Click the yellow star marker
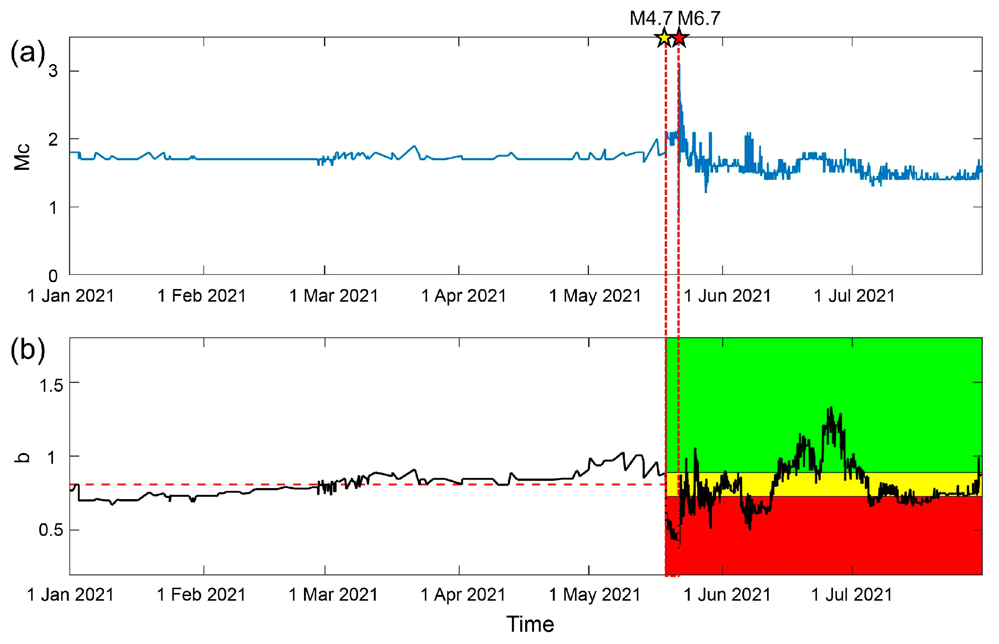point(664,38)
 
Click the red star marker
point(680,38)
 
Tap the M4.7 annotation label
point(651,18)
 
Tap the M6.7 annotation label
point(699,18)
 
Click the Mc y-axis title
point(22,157)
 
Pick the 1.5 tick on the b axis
point(51,385)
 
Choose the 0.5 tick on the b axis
point(51,530)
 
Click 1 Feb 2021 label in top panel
point(202,296)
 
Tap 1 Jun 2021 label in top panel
point(727,296)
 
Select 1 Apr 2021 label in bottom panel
point(463,595)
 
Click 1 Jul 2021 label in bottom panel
point(852,595)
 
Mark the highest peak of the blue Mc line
point(680,65)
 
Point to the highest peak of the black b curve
point(831,407)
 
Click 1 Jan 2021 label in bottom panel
point(70,595)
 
